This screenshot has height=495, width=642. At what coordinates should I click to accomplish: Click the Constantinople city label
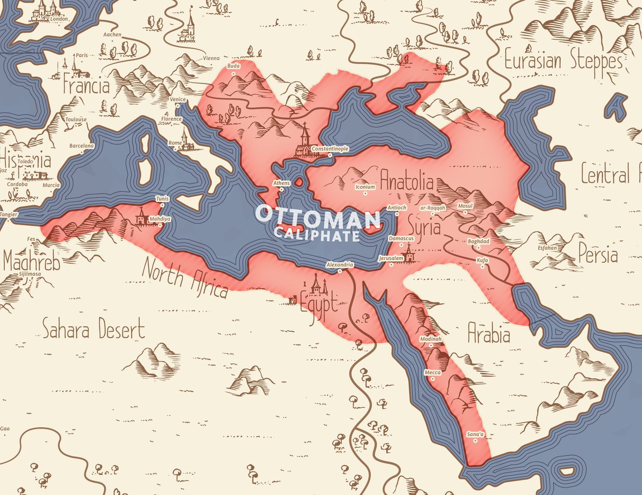(330, 148)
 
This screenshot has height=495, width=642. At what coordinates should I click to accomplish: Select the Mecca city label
(432, 372)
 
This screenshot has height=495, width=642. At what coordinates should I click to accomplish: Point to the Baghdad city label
(478, 241)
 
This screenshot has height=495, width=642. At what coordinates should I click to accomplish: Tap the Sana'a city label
(475, 433)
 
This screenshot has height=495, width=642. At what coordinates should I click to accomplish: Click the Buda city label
(234, 66)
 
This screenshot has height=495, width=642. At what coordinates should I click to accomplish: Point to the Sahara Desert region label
(94, 328)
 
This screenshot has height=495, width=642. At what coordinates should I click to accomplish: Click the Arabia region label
(488, 334)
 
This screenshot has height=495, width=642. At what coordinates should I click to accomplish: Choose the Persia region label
(598, 255)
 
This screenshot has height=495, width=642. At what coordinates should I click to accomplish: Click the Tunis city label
(162, 199)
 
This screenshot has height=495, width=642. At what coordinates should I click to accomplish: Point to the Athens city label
(282, 184)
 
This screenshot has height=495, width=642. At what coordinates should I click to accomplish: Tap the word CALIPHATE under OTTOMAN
(316, 234)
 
